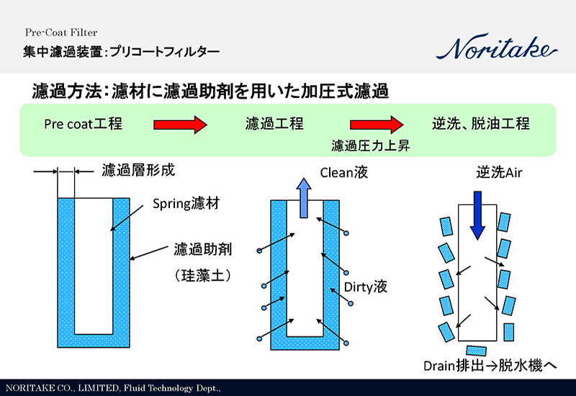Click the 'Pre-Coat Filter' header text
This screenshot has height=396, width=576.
[60, 32]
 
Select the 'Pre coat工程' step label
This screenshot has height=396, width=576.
[83, 124]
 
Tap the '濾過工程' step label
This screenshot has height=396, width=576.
[274, 124]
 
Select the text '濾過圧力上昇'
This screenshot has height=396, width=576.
[366, 145]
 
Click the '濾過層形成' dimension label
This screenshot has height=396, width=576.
[138, 171]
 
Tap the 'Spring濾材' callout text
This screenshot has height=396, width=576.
[186, 204]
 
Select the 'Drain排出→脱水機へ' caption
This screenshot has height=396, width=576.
[490, 365]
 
